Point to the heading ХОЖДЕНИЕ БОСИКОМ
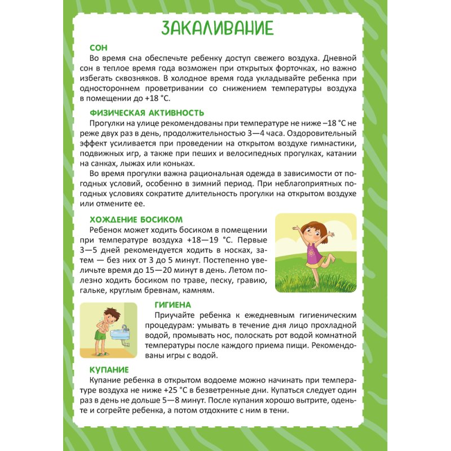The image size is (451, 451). tap(136, 219)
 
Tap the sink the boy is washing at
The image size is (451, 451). tap(120, 334)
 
